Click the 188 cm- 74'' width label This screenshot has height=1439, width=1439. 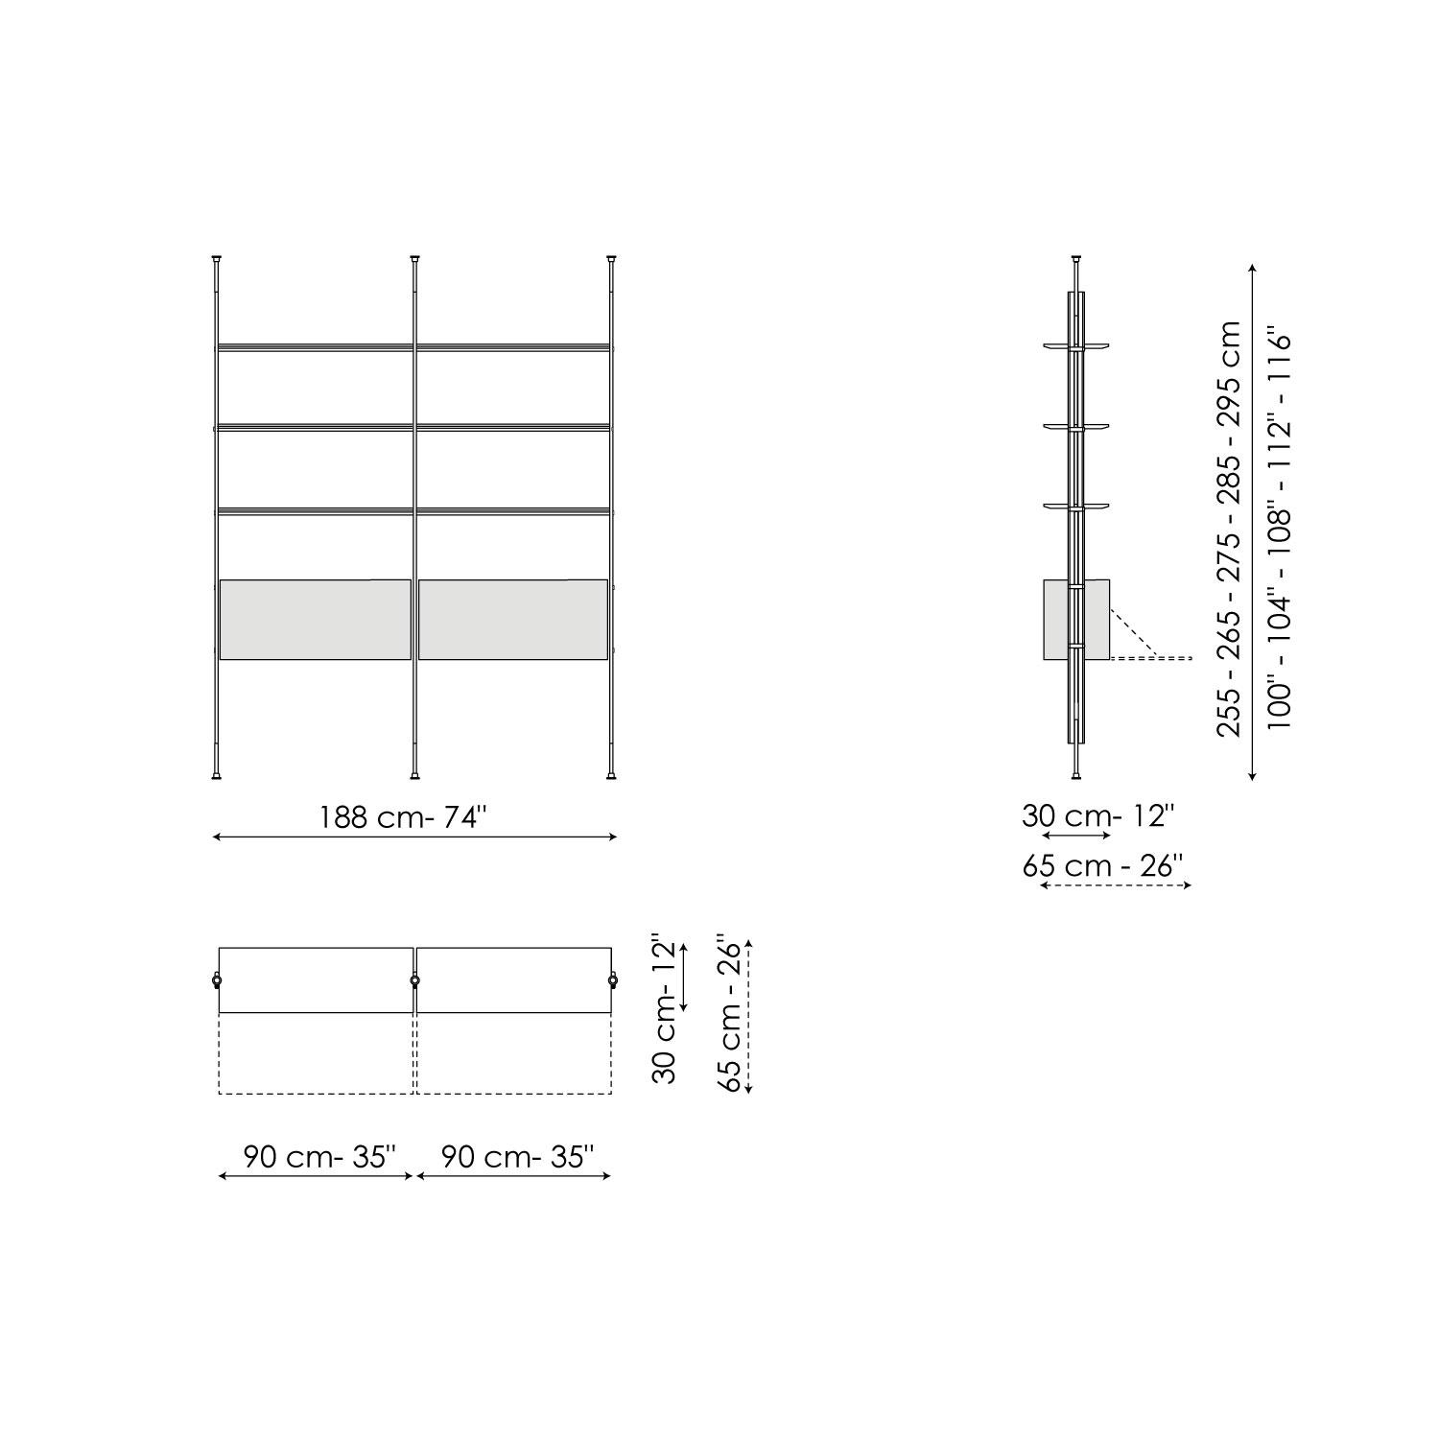pos(404,817)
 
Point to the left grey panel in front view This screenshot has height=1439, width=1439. pos(316,620)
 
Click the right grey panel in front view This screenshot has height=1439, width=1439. pos(513,620)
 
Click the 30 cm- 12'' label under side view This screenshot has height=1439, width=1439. pos(1097,816)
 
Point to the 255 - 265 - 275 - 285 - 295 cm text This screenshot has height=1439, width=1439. pos(1229,529)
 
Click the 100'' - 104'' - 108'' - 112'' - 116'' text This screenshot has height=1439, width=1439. pos(1280,530)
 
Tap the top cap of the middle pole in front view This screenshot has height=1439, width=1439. pos(414,259)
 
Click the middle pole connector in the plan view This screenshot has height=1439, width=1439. pos(414,980)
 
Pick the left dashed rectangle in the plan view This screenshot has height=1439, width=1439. pos(316,1053)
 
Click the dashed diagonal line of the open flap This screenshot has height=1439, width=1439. pos(1135,633)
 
